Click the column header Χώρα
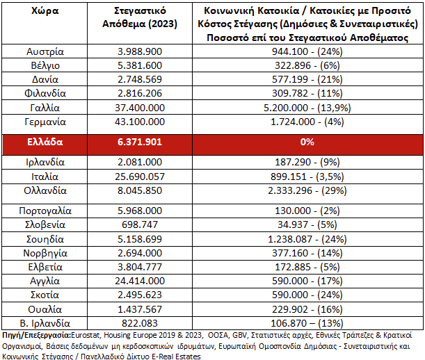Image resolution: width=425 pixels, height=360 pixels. [45, 13]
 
